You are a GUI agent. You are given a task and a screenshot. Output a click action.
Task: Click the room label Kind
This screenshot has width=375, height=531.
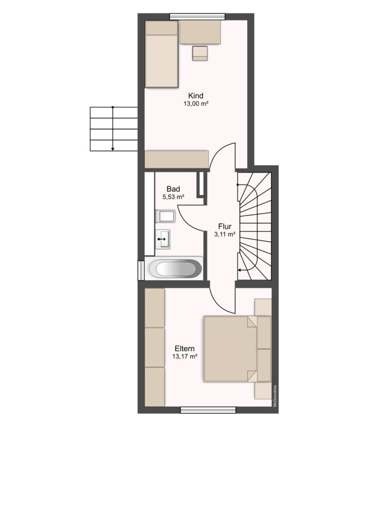(196, 95)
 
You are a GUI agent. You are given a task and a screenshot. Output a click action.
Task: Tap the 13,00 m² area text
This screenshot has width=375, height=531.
(196, 104)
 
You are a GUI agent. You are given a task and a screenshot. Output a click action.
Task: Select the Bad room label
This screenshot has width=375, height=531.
(173, 189)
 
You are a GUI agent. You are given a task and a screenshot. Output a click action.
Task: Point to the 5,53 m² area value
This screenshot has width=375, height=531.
(173, 197)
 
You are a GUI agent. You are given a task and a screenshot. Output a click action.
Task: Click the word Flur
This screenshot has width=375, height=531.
(225, 226)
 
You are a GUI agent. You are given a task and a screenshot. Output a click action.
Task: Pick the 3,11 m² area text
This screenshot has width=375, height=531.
(225, 234)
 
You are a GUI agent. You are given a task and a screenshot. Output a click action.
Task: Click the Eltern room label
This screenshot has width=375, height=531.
(184, 349)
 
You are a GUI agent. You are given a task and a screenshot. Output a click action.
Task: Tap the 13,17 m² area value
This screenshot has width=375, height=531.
(184, 356)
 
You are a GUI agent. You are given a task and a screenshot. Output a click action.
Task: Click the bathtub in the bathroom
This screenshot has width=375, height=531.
(175, 269)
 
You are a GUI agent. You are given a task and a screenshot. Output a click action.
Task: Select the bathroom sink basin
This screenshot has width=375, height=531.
(163, 239)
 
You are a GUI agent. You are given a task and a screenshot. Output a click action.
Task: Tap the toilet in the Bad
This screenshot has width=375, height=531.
(165, 216)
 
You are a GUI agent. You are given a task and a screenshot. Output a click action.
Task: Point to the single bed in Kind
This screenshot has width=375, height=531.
(162, 54)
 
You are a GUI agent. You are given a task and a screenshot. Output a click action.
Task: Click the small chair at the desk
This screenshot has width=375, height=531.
(200, 54)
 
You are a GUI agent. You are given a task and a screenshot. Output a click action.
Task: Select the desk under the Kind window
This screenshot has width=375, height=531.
(200, 32)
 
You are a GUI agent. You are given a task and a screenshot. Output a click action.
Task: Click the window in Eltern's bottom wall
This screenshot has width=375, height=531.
(208, 410)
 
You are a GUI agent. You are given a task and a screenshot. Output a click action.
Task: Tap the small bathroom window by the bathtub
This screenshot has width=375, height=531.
(141, 270)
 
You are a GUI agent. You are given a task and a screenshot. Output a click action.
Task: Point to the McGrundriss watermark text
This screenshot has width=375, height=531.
(276, 396)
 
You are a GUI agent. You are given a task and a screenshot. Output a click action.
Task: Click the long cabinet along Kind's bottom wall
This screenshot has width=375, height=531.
(176, 159)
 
